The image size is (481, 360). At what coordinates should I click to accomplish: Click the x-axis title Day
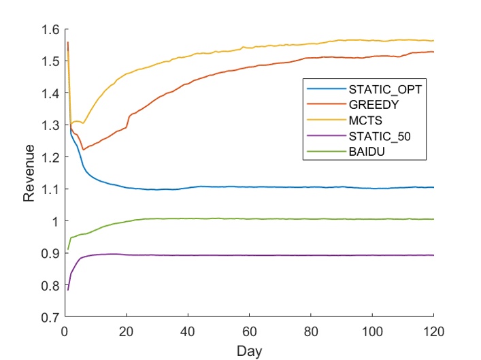coord(249,351)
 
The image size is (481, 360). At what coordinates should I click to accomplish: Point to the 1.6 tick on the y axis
coord(51,29)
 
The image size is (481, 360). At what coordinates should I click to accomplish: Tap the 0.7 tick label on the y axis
coord(51,318)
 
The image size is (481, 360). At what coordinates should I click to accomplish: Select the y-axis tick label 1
coord(56,221)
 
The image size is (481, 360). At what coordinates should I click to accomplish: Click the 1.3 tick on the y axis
coord(51,125)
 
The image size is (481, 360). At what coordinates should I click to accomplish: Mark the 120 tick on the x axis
coord(433,331)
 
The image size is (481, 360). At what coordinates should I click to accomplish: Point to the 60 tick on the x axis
coord(249,331)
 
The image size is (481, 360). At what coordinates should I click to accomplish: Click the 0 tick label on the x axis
coord(65,331)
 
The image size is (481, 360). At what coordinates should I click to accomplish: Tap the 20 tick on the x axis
coord(126,331)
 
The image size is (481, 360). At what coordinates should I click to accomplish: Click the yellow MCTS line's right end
coord(433,41)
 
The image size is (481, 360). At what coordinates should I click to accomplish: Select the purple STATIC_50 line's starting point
coord(68,290)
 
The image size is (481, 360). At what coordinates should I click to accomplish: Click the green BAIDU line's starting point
coord(68,249)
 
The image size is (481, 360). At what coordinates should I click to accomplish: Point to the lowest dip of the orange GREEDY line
coord(83,149)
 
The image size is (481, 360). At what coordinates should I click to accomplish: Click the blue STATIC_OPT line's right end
coord(433,187)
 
